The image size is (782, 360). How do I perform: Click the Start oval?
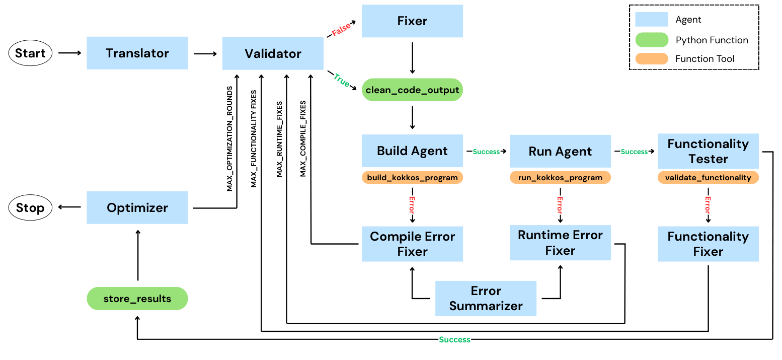[30, 53]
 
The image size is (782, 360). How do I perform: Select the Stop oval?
[30, 208]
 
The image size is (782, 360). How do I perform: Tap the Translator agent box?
[137, 53]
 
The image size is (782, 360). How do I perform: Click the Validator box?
[273, 53]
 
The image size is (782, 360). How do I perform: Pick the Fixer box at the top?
[412, 21]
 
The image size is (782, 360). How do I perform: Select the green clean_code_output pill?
[412, 90]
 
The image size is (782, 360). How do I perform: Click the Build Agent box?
[412, 151]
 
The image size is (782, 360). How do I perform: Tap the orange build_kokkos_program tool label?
[412, 177]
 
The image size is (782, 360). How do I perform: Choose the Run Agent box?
[560, 151]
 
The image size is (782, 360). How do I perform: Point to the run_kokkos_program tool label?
[560, 177]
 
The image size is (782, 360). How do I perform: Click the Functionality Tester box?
[708, 151]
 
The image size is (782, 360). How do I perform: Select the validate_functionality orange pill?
[708, 177]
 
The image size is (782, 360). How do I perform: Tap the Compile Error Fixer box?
[412, 244]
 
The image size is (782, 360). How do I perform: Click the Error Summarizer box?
[486, 298]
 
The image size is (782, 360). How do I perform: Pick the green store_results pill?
[137, 299]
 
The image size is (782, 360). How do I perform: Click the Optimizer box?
[137, 207]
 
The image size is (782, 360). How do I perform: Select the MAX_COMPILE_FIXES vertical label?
[303, 138]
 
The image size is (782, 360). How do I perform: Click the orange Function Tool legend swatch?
[651, 59]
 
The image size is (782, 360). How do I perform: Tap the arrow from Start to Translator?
[69, 53]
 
